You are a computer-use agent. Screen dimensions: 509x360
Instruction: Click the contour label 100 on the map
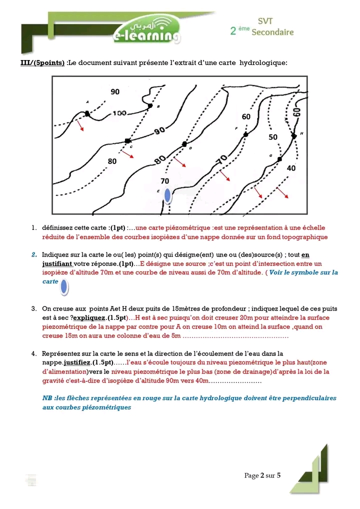click(x=119, y=113)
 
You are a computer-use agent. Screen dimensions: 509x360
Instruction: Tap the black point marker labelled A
click(x=87, y=114)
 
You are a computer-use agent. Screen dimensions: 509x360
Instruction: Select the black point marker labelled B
click(x=150, y=106)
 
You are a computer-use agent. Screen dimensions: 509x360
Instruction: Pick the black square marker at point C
click(x=127, y=141)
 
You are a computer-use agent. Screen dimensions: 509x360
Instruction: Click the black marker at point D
click(x=184, y=143)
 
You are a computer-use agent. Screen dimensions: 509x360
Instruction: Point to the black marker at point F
click(x=245, y=134)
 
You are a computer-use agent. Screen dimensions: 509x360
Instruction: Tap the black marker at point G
click(x=279, y=159)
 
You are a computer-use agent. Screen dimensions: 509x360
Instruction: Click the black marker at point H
click(x=294, y=135)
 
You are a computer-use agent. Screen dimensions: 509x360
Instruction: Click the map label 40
click(x=291, y=168)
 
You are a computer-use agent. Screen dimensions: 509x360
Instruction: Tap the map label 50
click(x=273, y=136)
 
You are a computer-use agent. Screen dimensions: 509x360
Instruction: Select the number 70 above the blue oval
click(x=164, y=180)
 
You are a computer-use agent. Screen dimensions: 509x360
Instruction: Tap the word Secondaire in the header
click(x=272, y=32)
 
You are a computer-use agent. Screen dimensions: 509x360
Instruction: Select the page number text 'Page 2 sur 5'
click(x=262, y=475)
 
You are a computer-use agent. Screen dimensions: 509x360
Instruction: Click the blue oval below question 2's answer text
click(x=64, y=288)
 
